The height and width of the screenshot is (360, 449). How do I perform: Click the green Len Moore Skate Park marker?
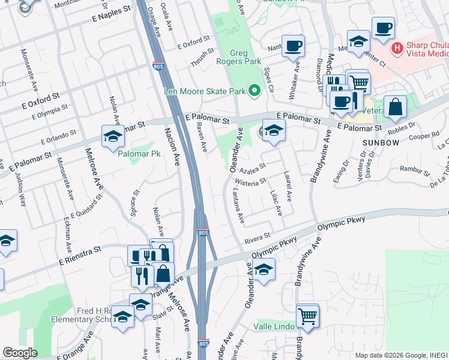click(255, 91)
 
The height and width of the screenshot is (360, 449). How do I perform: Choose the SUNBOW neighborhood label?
click(381, 142)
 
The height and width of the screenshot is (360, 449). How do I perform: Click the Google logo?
click(20, 353)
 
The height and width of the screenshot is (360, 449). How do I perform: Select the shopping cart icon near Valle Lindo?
click(308, 315)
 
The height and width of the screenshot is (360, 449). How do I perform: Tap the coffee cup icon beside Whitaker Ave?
click(293, 46)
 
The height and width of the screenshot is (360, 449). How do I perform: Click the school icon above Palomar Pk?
click(112, 136)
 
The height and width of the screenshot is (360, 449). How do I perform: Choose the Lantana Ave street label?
click(238, 206)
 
